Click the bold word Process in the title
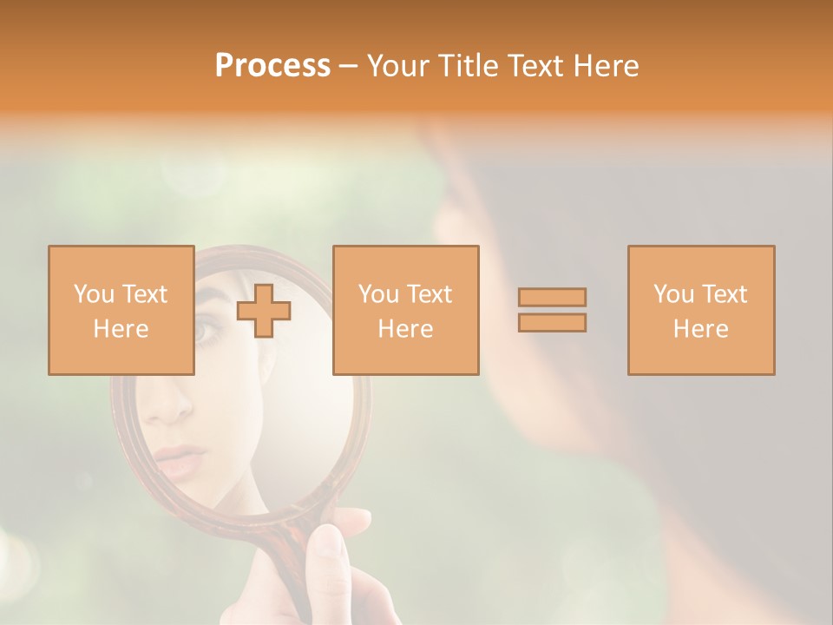click(x=272, y=66)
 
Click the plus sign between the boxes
click(x=264, y=311)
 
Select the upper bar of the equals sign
click(x=552, y=297)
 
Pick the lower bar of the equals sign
click(x=552, y=322)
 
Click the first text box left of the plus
click(x=121, y=310)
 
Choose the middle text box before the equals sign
click(x=405, y=310)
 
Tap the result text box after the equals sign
click(x=700, y=310)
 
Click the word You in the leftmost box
click(x=94, y=293)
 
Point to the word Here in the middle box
click(x=405, y=329)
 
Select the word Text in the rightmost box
click(x=725, y=293)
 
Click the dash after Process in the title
click(x=349, y=66)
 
